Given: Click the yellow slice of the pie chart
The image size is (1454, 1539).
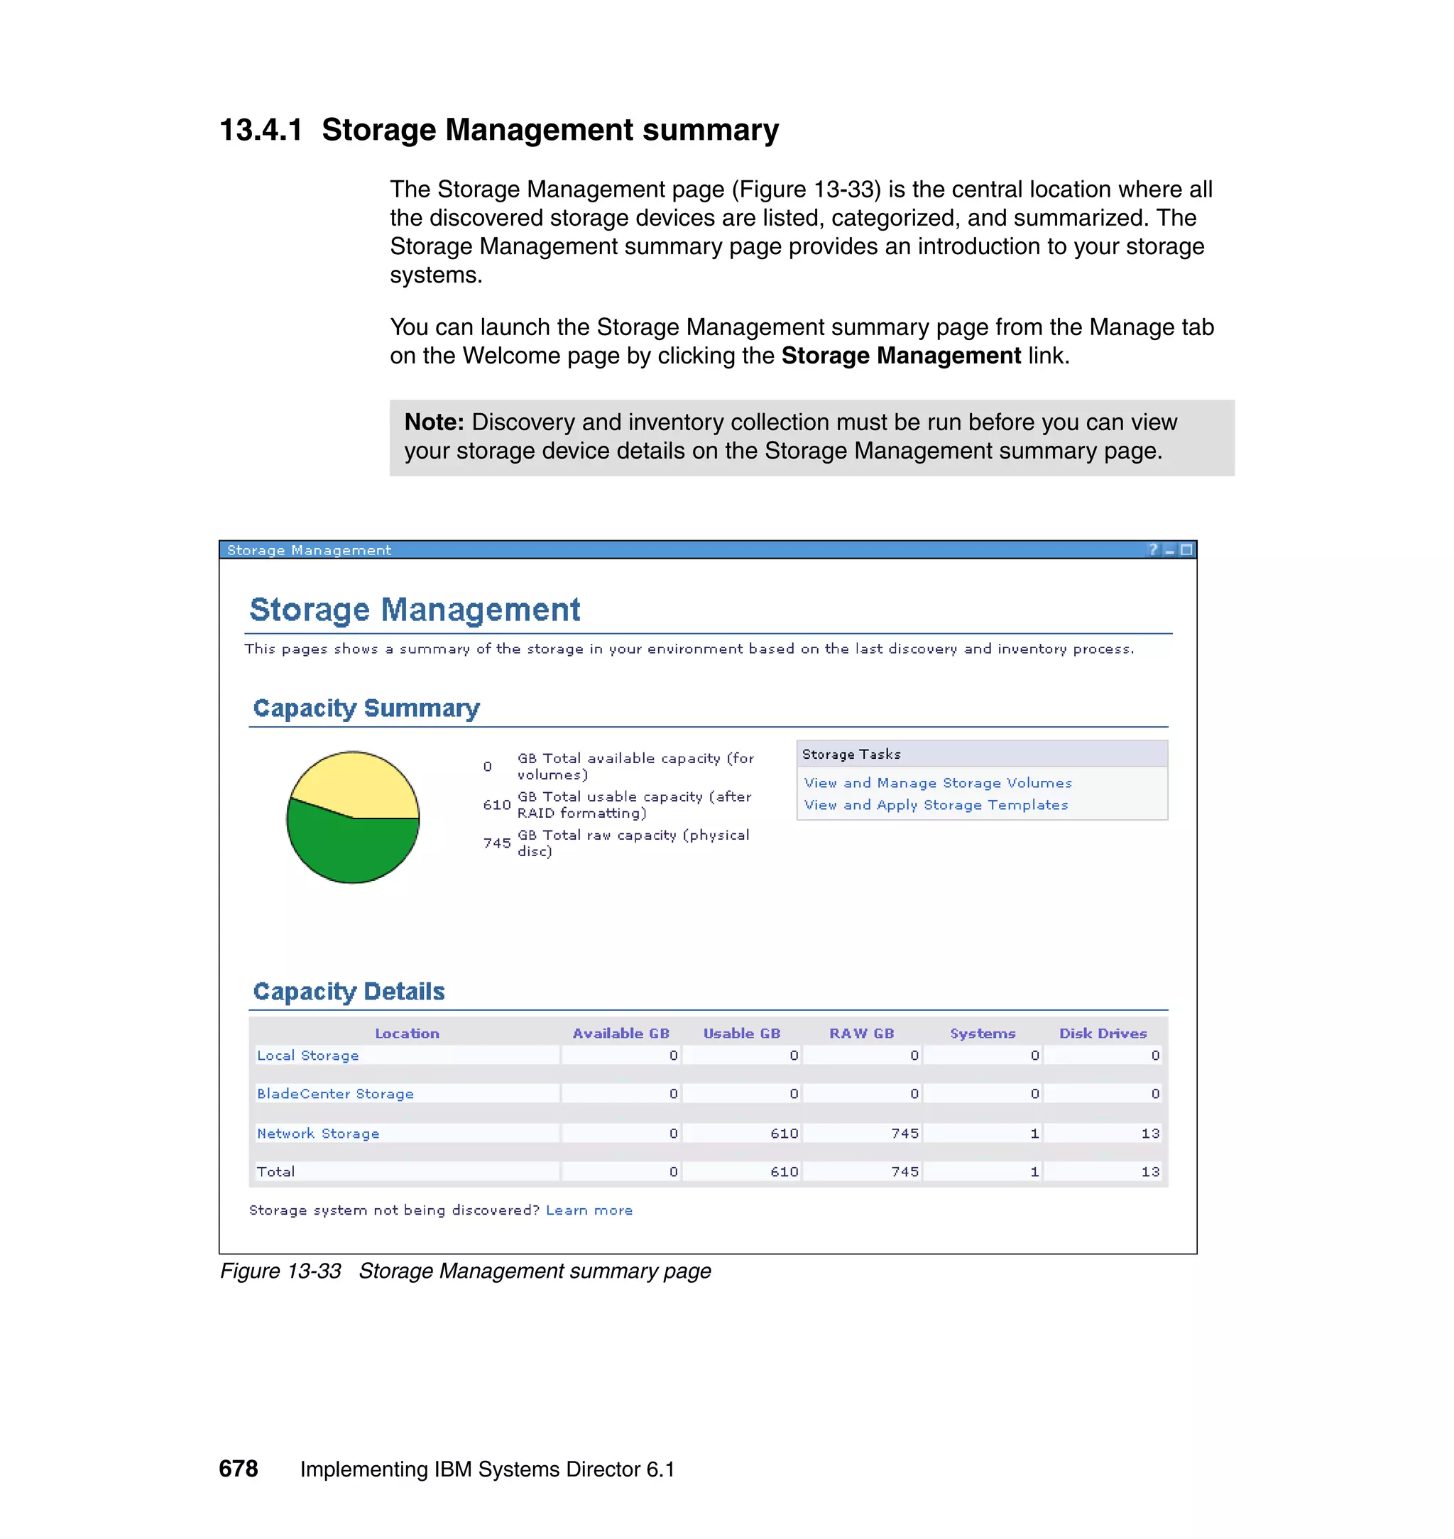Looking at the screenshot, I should click(x=353, y=783).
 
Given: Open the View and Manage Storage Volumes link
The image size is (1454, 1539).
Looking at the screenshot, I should click(x=938, y=783).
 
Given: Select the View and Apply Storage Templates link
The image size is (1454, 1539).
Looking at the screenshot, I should click(x=936, y=804).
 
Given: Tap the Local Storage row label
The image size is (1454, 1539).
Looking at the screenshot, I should click(x=307, y=1056).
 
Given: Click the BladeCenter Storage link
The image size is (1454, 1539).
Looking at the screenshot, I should click(x=335, y=1093).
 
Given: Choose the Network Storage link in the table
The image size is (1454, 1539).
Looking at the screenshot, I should click(x=318, y=1133).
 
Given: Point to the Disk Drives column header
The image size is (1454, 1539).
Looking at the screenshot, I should click(x=1102, y=1033).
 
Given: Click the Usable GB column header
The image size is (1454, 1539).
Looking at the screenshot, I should click(x=741, y=1033).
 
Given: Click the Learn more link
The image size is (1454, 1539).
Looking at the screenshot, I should click(x=589, y=1210).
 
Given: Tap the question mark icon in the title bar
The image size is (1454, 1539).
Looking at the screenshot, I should click(x=1153, y=549).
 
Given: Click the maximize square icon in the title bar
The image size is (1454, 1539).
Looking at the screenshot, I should click(x=1186, y=549).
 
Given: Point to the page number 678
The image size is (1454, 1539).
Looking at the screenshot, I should click(x=238, y=1469).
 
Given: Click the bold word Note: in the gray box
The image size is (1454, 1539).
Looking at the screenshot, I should click(x=434, y=422).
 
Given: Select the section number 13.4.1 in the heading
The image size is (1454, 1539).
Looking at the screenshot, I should click(x=261, y=129).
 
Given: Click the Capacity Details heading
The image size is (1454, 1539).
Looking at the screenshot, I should click(x=349, y=991).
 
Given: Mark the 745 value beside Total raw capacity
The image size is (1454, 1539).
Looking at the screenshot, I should click(x=497, y=843).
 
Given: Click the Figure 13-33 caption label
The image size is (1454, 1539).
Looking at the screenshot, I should click(x=280, y=1271).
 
